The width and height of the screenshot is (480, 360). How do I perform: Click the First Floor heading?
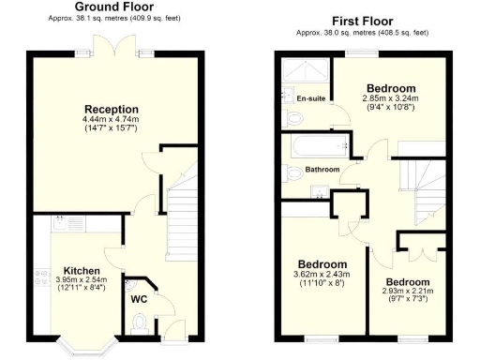pyautogui.click(x=362, y=21)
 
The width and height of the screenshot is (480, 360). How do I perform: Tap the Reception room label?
pyautogui.click(x=112, y=109)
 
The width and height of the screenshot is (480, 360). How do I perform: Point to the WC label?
pyautogui.click(x=140, y=299)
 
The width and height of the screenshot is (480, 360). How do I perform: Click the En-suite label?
pyautogui.click(x=309, y=98)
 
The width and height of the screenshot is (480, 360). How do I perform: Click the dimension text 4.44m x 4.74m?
pyautogui.click(x=112, y=120)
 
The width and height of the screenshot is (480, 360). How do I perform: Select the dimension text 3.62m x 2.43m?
pyautogui.click(x=322, y=274)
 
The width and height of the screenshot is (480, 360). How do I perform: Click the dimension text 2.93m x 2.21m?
pyautogui.click(x=409, y=292)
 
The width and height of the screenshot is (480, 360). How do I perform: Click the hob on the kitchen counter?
pyautogui.click(x=40, y=278)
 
